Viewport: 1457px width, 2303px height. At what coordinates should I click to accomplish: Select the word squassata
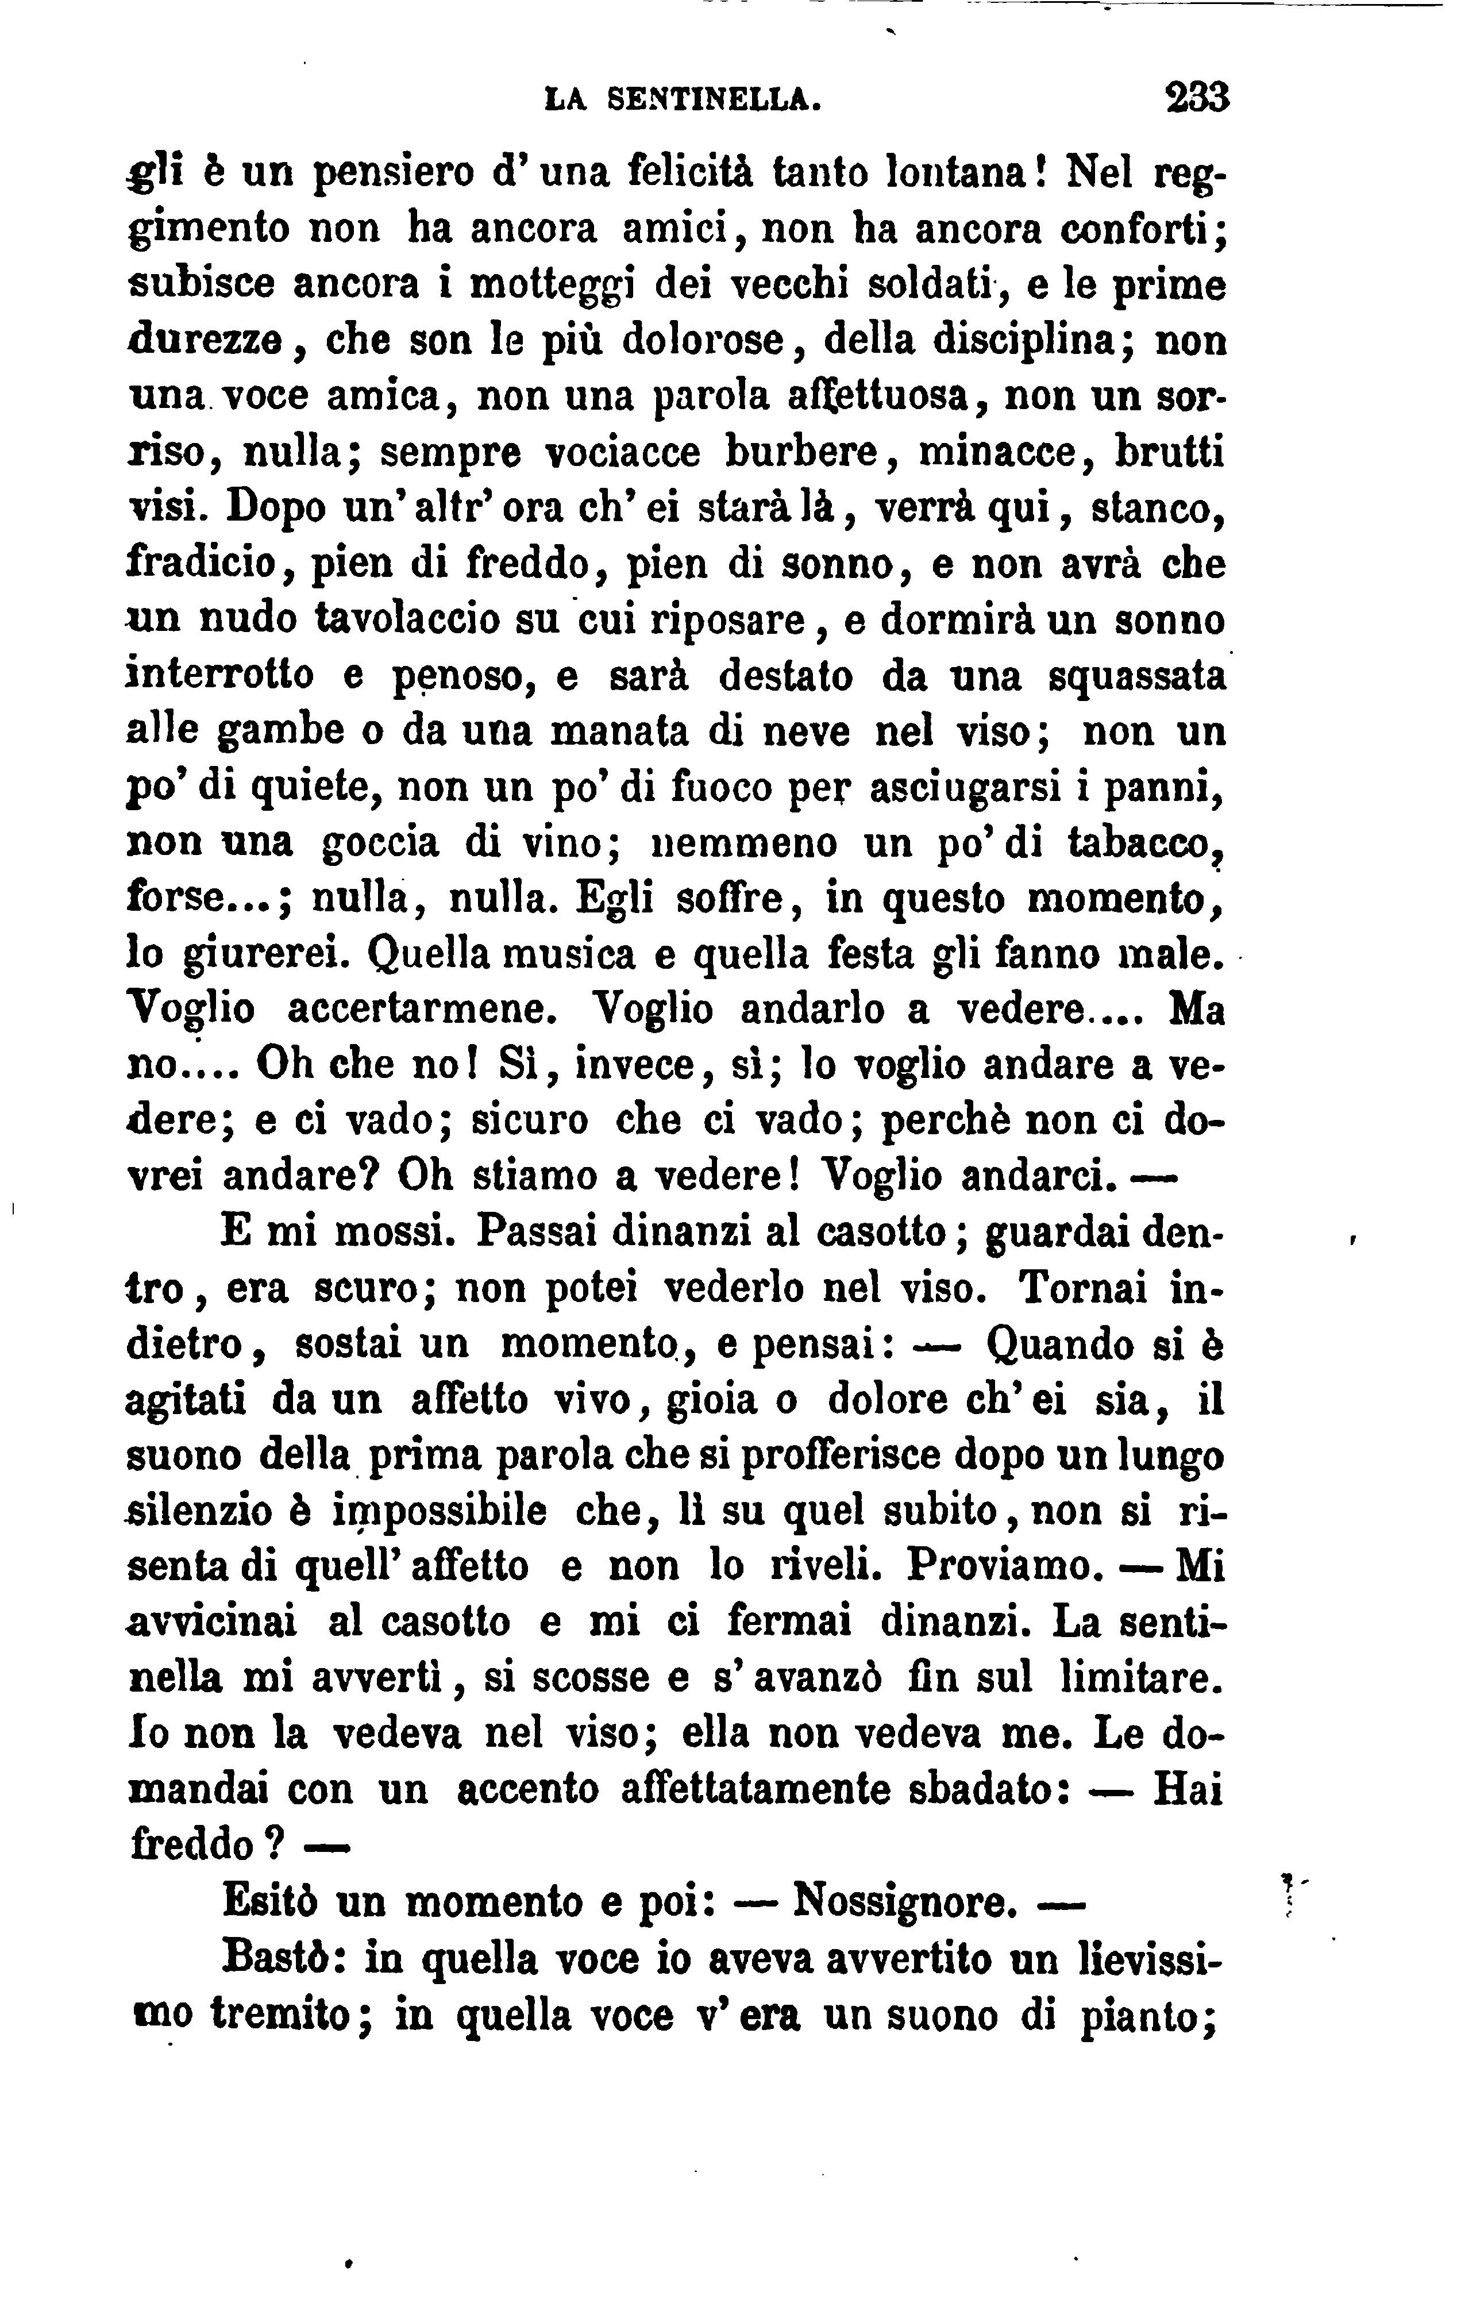(1138, 676)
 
